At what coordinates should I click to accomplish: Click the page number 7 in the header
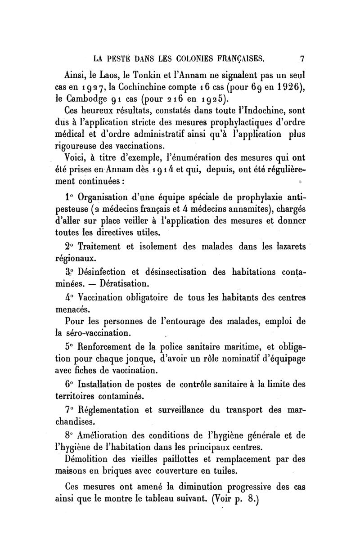(302, 58)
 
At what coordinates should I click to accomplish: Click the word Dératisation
(122, 284)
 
